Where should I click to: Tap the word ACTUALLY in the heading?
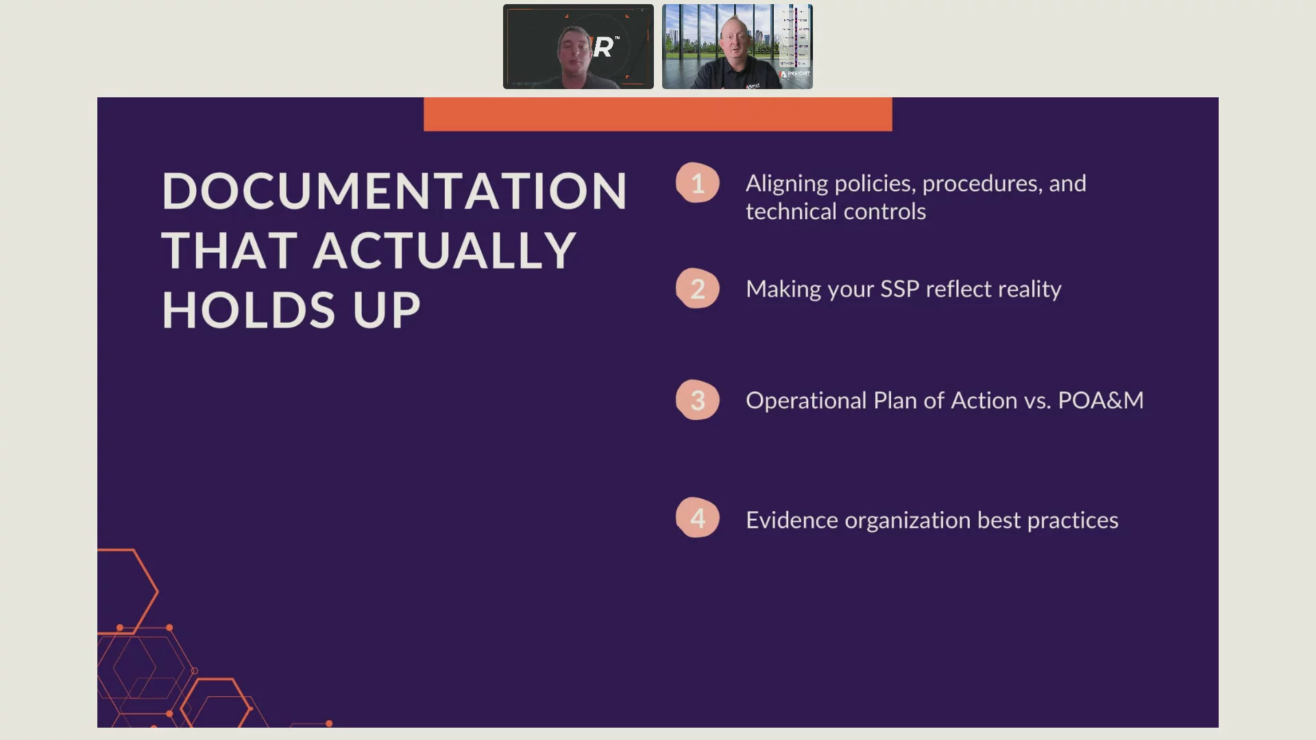444,250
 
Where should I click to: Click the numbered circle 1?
698,183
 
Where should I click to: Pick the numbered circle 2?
698,288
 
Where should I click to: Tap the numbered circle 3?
698,400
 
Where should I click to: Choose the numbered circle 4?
698,518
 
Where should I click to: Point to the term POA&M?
1101,400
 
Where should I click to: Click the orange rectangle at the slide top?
658,114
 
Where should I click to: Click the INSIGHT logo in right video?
796,73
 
